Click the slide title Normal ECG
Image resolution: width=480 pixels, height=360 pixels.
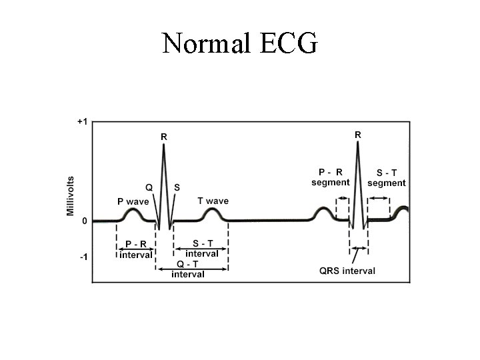tap(240, 43)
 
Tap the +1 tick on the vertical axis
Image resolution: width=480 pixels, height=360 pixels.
tap(82, 122)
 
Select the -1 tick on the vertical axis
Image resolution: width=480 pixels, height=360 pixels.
tap(83, 257)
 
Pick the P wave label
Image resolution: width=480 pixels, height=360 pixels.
tap(133, 201)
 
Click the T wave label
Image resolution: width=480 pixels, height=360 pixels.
tap(213, 201)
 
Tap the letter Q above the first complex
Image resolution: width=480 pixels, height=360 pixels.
tap(149, 187)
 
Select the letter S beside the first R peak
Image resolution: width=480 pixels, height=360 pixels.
tap(176, 187)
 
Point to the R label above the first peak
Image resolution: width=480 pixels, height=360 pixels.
tap(164, 137)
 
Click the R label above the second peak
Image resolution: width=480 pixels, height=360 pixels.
tap(358, 134)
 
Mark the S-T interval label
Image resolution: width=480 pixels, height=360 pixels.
tap(201, 249)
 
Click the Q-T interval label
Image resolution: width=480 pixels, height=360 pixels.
tap(188, 269)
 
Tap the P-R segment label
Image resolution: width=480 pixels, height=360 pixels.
tap(330, 177)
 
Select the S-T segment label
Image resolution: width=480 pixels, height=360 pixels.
tap(386, 177)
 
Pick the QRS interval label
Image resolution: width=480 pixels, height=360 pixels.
tap(347, 271)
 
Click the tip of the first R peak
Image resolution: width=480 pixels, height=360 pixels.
tap(163, 145)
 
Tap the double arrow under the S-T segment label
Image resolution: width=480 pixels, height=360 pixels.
tap(380, 197)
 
